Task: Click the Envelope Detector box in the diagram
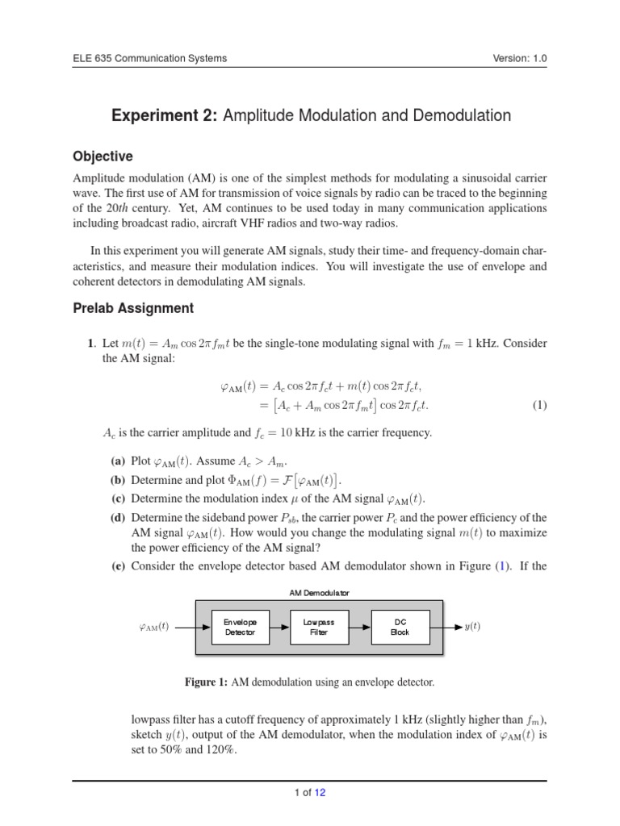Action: click(x=239, y=627)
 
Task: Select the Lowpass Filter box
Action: click(x=318, y=627)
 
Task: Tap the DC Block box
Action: click(x=400, y=627)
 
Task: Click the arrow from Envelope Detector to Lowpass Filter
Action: click(x=278, y=627)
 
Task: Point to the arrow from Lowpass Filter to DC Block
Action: click(x=358, y=627)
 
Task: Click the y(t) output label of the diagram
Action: click(x=472, y=627)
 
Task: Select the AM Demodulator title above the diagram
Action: click(x=319, y=593)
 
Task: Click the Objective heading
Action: click(x=103, y=156)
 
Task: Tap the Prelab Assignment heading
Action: click(x=133, y=307)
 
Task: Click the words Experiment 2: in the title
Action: click(x=165, y=115)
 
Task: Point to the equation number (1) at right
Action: click(x=539, y=405)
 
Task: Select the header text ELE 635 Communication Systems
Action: click(x=149, y=58)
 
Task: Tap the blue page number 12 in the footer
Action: click(x=320, y=793)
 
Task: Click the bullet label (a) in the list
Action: click(x=118, y=461)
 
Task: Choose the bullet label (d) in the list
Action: click(x=118, y=517)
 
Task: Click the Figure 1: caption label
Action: click(x=206, y=682)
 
